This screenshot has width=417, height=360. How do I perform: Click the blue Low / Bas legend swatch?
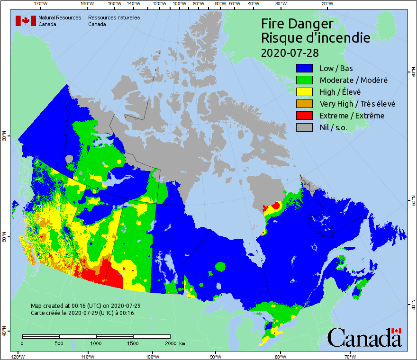(x=305, y=68)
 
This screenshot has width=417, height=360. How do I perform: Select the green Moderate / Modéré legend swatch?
(x=305, y=80)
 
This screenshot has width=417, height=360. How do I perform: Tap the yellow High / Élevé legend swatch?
(x=305, y=92)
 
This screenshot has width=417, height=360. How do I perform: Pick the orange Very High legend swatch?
(x=305, y=104)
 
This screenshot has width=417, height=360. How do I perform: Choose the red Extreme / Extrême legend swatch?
(x=305, y=116)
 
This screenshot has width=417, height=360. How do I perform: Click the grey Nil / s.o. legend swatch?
(x=305, y=127)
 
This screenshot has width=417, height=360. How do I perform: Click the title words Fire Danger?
(x=297, y=24)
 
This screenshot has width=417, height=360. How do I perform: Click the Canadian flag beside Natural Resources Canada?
(x=26, y=21)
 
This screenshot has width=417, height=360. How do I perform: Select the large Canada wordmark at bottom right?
(x=364, y=337)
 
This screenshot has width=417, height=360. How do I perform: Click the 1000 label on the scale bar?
(x=96, y=343)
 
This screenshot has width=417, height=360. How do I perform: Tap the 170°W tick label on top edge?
(x=41, y=4)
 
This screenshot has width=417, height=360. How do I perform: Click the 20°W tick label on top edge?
(x=326, y=4)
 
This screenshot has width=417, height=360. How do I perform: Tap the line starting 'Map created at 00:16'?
(x=85, y=306)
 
